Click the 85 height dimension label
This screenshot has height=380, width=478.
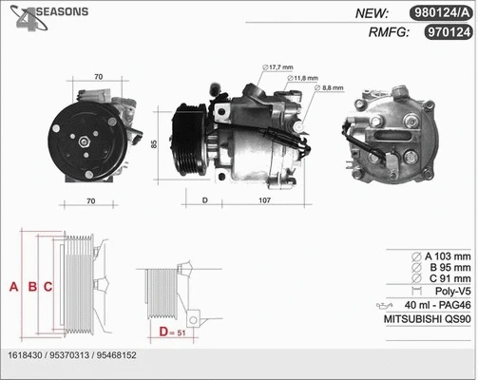(154, 143)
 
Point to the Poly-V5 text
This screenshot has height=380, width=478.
(450, 294)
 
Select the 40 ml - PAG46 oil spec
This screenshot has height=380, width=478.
(437, 306)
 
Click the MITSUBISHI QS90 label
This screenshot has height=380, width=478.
(425, 319)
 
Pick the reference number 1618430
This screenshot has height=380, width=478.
(26, 354)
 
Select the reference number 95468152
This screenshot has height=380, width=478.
(115, 354)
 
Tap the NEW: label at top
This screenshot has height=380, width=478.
(373, 13)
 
